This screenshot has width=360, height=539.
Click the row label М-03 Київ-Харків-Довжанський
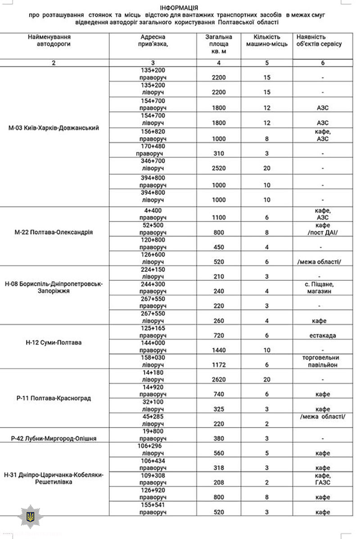click(54, 128)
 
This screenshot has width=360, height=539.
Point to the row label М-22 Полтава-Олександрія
click(54, 233)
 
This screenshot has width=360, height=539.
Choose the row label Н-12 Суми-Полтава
click(54, 343)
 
